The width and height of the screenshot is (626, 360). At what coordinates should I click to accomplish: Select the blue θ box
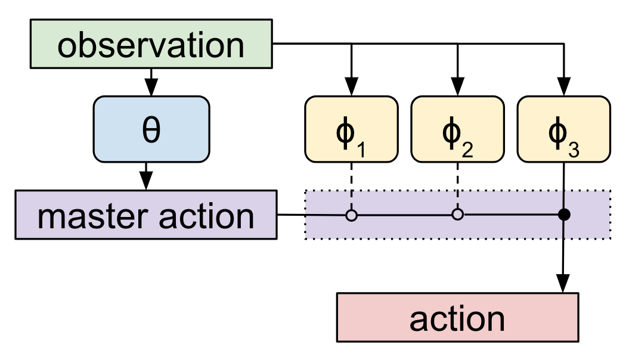tap(151, 131)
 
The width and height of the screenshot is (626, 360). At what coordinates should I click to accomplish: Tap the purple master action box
tap(146, 215)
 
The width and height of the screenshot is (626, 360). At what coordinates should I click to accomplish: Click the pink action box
tap(457, 318)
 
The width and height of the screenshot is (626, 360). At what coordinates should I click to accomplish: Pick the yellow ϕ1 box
tap(351, 129)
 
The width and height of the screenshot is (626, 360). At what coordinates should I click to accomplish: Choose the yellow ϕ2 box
tap(457, 129)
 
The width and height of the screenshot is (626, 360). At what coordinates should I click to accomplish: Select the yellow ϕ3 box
tap(563, 129)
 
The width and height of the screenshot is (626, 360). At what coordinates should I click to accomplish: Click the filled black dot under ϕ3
tap(563, 215)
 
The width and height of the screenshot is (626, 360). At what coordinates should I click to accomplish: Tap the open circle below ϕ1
tap(351, 215)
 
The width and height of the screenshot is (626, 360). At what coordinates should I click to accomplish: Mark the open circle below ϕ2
tap(457, 215)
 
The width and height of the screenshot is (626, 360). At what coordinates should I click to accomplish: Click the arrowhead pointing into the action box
tap(563, 284)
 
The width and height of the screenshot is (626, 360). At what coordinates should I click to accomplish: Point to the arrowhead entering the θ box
tap(151, 88)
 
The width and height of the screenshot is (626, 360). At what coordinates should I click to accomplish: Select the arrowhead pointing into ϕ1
tap(351, 88)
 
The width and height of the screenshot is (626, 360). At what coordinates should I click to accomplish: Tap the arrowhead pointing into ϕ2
tap(457, 88)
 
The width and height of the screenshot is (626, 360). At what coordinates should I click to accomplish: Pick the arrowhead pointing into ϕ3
tap(563, 88)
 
